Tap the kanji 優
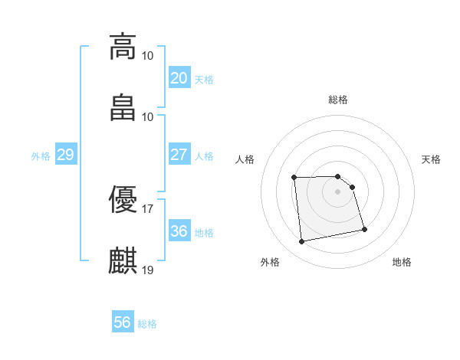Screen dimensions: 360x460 click(x=123, y=200)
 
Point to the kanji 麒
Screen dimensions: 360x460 click(x=123, y=261)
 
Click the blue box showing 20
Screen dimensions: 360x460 click(x=179, y=78)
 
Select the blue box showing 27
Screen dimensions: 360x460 click(x=179, y=155)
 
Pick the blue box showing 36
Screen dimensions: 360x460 click(x=179, y=231)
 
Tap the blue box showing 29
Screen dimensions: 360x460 click(x=65, y=155)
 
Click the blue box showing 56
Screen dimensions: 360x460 click(x=122, y=322)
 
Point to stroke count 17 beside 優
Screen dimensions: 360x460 click(x=148, y=208)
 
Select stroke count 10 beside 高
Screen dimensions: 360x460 click(x=148, y=55)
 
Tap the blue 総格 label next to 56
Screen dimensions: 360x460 click(x=147, y=324)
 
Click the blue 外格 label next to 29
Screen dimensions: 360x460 click(x=41, y=156)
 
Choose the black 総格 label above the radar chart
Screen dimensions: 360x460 click(x=338, y=100)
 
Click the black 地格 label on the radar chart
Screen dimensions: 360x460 click(x=402, y=262)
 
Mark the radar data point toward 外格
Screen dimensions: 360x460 click(x=302, y=242)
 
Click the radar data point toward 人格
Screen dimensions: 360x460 click(x=294, y=178)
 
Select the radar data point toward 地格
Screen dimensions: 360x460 click(x=364, y=229)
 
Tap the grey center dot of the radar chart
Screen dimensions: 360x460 click(x=338, y=191)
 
